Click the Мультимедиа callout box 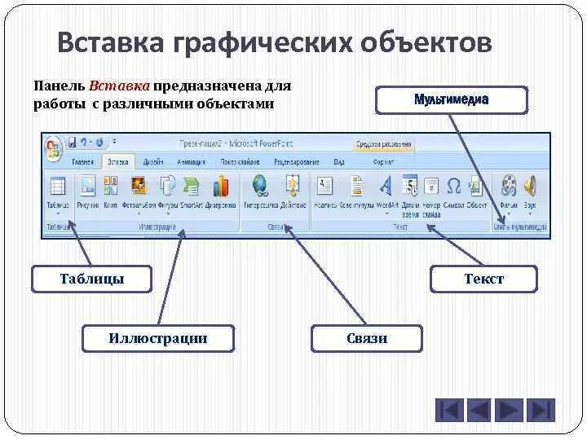click(451, 99)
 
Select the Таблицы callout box click(91, 279)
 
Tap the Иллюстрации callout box click(157, 338)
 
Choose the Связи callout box click(366, 338)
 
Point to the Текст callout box click(484, 279)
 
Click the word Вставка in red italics click(119, 86)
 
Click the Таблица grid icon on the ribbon click(57, 186)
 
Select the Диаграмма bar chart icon click(220, 186)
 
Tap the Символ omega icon click(454, 185)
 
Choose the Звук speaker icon click(530, 185)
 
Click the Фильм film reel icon click(510, 185)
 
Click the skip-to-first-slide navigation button click(448, 410)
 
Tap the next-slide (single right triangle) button click(510, 410)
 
